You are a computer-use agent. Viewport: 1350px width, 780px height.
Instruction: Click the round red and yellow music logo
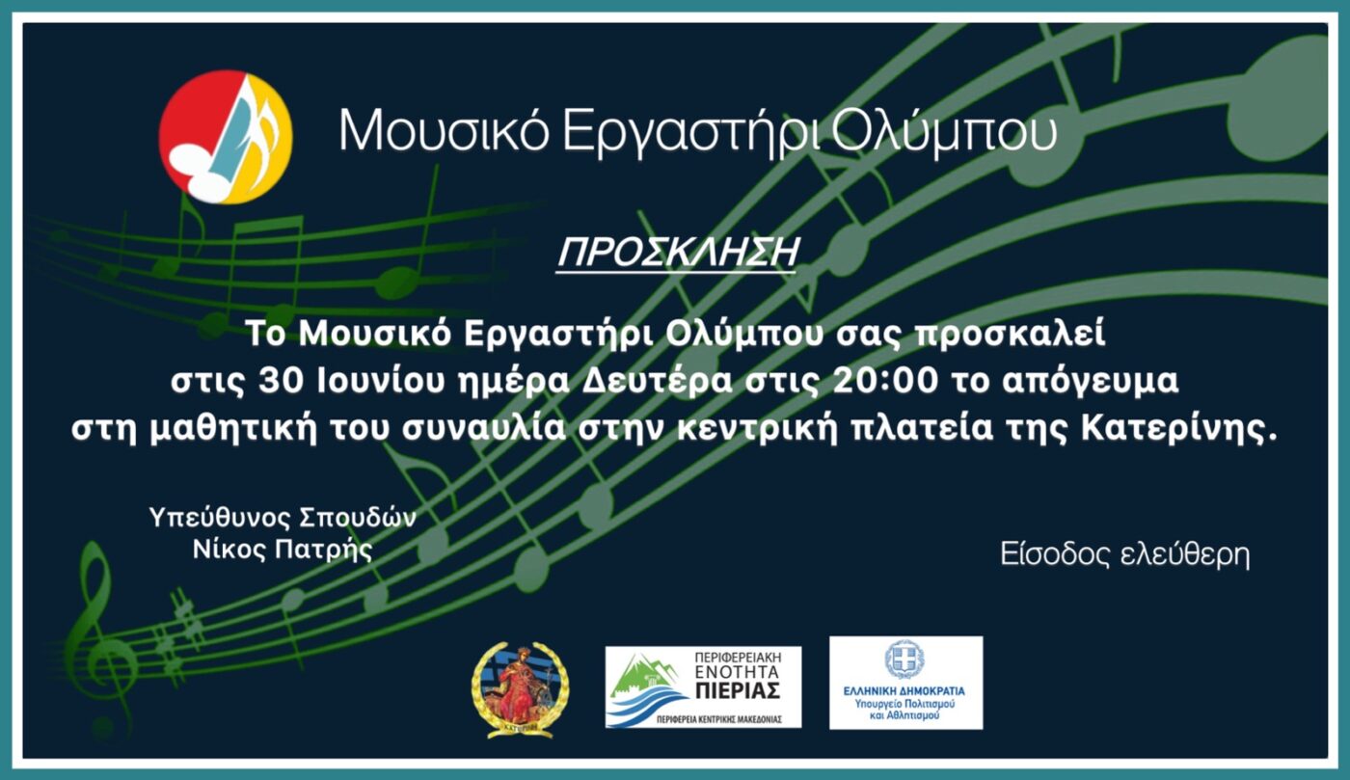[x=226, y=137]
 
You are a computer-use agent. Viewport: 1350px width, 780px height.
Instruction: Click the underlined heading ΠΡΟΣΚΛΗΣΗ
[x=678, y=253]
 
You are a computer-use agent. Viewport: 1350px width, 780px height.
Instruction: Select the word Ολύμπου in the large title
[x=942, y=133]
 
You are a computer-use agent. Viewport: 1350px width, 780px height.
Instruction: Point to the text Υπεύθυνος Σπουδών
[x=283, y=518]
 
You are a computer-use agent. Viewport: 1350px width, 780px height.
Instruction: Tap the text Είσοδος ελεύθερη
[x=1125, y=556]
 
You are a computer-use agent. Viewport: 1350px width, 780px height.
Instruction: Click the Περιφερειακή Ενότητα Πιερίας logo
[x=703, y=686]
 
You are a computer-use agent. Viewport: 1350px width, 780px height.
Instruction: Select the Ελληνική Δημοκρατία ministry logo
[x=905, y=683]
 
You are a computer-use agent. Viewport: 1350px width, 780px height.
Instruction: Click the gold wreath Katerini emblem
[x=520, y=688]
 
